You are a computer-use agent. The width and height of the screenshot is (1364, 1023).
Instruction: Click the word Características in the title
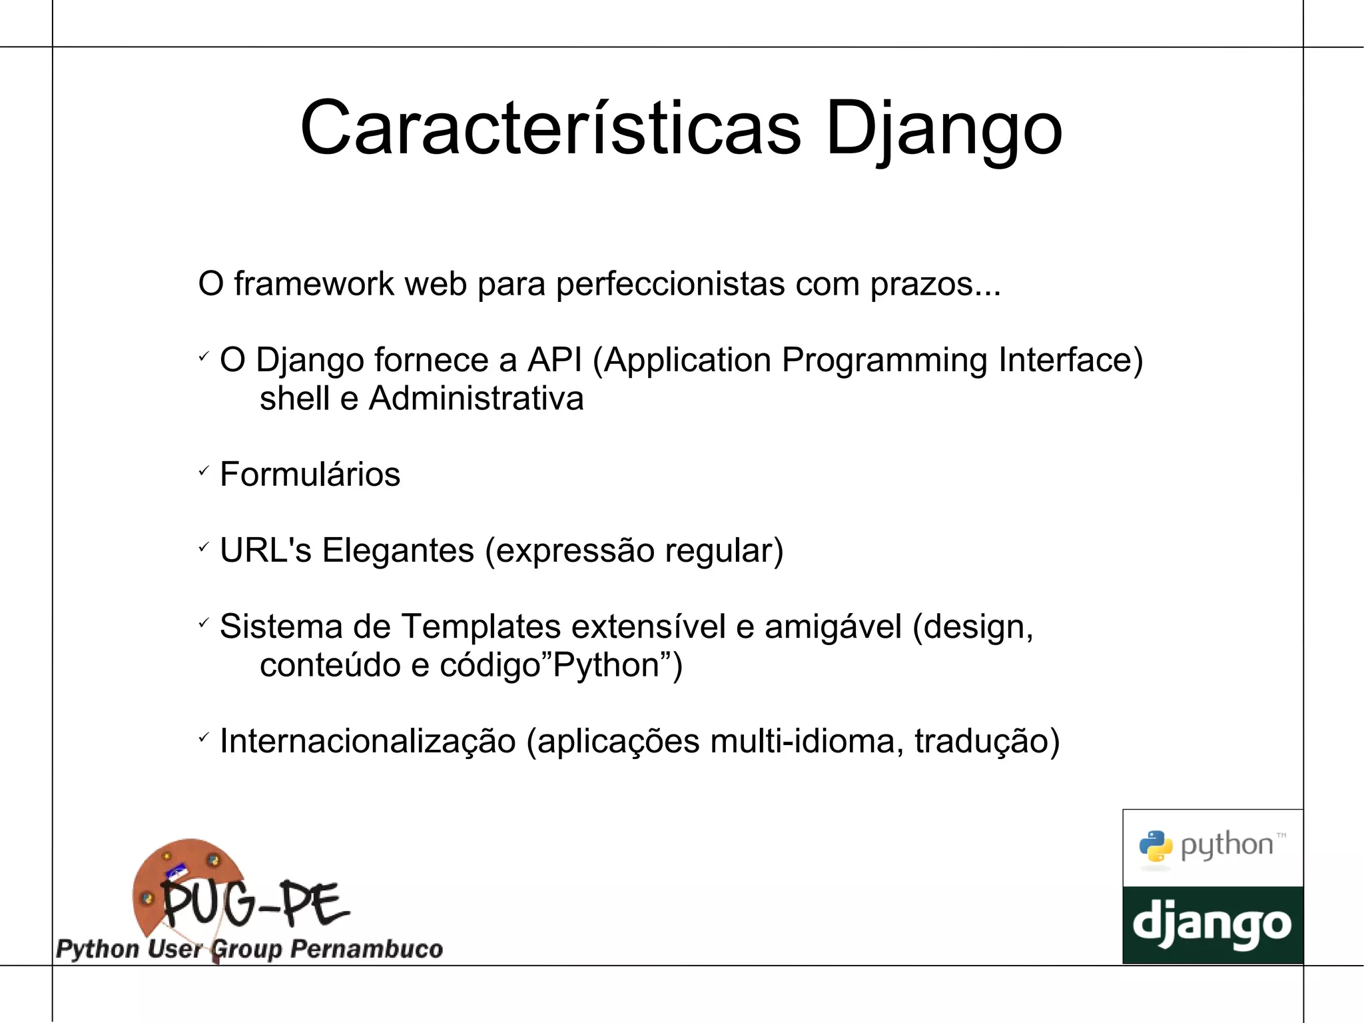tap(550, 128)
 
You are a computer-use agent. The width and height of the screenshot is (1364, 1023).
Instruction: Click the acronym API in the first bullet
tap(554, 361)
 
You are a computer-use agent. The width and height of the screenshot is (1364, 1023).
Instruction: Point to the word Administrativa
tap(476, 399)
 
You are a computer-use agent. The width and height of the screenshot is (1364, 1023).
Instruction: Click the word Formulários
tap(310, 475)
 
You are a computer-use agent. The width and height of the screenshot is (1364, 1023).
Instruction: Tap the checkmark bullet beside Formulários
tap(204, 471)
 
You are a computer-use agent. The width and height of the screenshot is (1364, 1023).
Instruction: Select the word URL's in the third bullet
tap(265, 551)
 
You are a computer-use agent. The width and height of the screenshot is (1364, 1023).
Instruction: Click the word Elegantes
tap(398, 551)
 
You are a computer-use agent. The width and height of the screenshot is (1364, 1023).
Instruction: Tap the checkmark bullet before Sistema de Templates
tap(204, 623)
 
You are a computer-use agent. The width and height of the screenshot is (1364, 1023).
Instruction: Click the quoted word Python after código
tap(605, 666)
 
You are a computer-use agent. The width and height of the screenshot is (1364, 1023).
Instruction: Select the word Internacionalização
tap(368, 742)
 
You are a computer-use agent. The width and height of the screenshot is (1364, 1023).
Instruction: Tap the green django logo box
tap(1212, 924)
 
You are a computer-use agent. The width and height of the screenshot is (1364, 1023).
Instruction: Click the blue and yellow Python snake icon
tap(1156, 846)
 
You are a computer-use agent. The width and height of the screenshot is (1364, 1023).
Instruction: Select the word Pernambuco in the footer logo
tap(367, 948)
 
